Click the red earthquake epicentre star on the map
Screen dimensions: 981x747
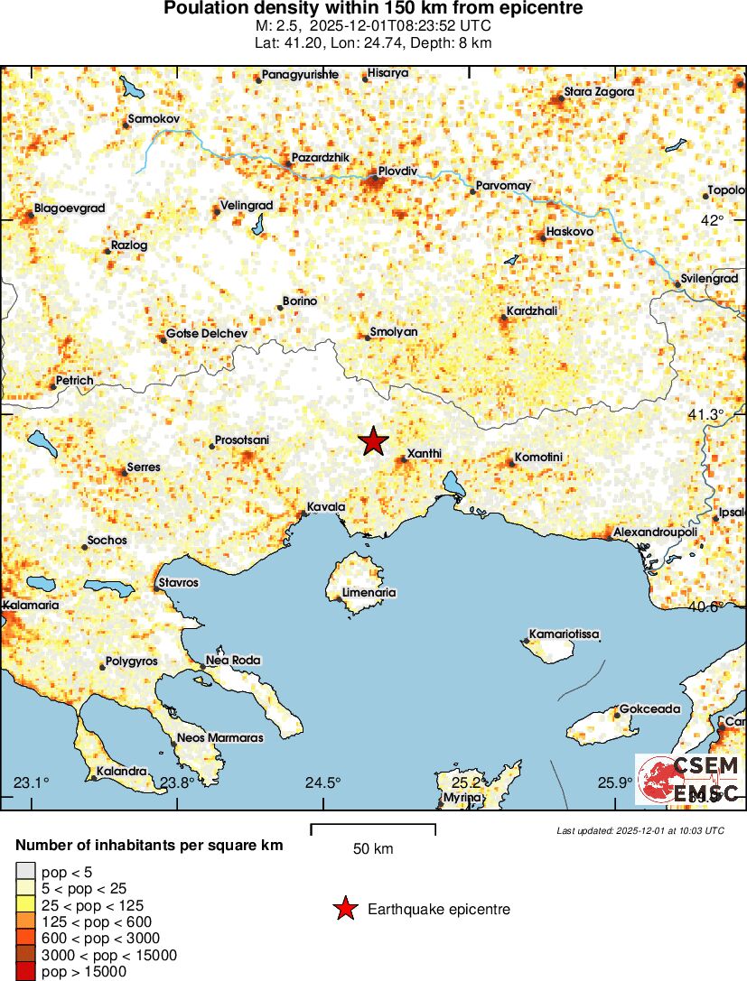(373, 441)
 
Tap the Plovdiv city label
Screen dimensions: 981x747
(397, 170)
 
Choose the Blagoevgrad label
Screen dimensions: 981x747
(70, 208)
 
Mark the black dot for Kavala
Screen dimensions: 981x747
(302, 515)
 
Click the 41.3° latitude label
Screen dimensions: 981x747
(707, 414)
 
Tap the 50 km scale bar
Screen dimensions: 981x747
(373, 827)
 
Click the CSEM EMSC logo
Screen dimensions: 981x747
(689, 780)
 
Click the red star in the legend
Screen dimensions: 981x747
(344, 910)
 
